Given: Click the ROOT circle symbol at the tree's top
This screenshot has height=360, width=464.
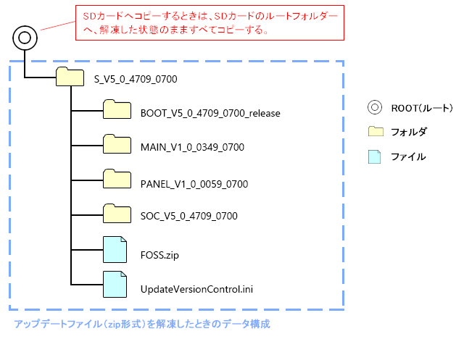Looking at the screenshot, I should click(24, 37).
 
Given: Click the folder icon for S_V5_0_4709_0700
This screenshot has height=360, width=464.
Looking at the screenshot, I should click(70, 76).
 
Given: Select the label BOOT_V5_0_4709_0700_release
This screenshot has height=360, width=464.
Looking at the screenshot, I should click(210, 113).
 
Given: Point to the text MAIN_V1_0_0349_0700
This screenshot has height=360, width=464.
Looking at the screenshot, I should click(192, 147).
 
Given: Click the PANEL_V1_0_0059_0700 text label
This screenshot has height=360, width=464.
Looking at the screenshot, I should click(194, 184).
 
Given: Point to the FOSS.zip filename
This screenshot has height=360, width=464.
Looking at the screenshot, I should click(159, 255).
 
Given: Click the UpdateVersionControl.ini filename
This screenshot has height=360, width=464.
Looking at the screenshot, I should click(196, 290).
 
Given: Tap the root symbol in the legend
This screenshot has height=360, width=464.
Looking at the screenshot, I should click(374, 108).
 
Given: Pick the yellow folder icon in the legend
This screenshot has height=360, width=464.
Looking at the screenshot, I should click(375, 131).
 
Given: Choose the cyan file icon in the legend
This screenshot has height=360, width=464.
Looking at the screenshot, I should click(374, 155).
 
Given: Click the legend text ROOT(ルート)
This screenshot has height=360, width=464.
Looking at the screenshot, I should click(421, 109).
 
